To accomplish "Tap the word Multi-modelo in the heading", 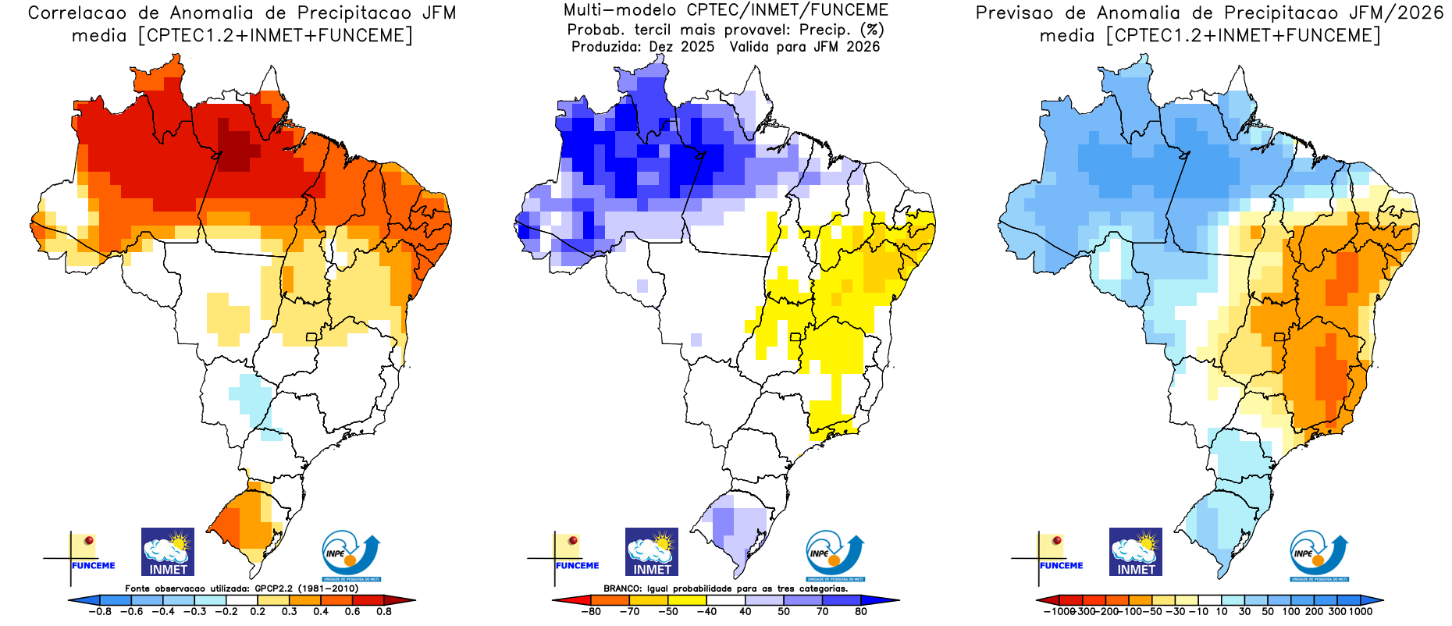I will [x=620, y=10].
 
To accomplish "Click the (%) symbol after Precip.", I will [x=872, y=30].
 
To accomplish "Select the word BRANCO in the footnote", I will [x=622, y=589].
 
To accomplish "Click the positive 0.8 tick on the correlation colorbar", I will [x=384, y=612].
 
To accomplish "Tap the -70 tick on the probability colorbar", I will [x=629, y=612].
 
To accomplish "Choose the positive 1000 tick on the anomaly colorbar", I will [x=1360, y=612].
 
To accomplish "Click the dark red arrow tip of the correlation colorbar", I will [x=405, y=600].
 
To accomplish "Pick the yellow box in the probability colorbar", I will [x=687, y=600].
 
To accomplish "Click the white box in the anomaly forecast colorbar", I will [x=1210, y=600].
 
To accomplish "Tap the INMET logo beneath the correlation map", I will [x=168, y=552].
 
